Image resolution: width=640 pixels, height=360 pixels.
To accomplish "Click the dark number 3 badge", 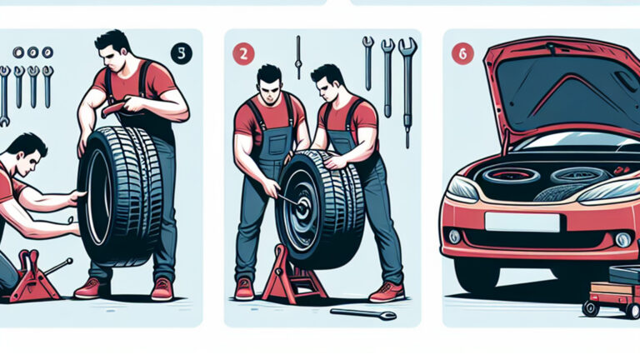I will [x=180, y=52].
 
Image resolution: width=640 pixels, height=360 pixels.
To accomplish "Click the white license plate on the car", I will [x=522, y=222].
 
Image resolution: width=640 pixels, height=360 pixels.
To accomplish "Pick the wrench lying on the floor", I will [x=363, y=313].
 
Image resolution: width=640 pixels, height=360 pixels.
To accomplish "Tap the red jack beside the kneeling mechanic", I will [x=36, y=276].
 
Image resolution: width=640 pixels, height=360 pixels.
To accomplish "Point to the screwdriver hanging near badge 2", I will [x=297, y=57].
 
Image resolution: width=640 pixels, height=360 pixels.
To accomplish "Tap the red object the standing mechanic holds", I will [x=113, y=107].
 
